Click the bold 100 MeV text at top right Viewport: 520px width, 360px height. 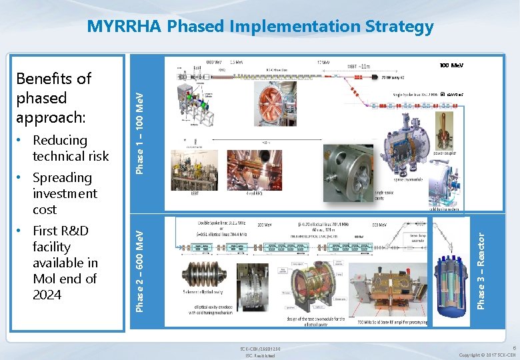[451, 65]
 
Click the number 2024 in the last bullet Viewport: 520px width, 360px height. [47, 295]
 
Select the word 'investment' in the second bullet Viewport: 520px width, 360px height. [65, 193]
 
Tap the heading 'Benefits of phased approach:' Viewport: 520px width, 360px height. [53, 98]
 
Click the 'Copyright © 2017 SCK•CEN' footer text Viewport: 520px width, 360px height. [486, 355]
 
